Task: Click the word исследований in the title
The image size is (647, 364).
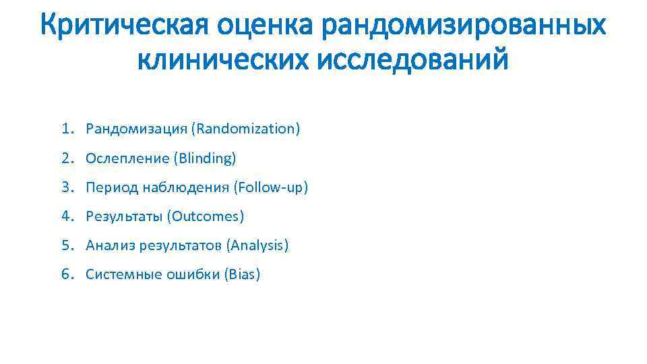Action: [x=411, y=61]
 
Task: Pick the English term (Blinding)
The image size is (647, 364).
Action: [x=206, y=158]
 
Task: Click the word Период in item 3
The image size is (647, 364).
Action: [x=111, y=187]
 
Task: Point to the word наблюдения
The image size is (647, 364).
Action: [x=186, y=187]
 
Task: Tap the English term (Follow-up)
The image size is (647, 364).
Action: [x=271, y=187]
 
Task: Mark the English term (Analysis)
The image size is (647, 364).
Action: [x=258, y=245]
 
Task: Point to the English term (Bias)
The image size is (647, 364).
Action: [x=241, y=274]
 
